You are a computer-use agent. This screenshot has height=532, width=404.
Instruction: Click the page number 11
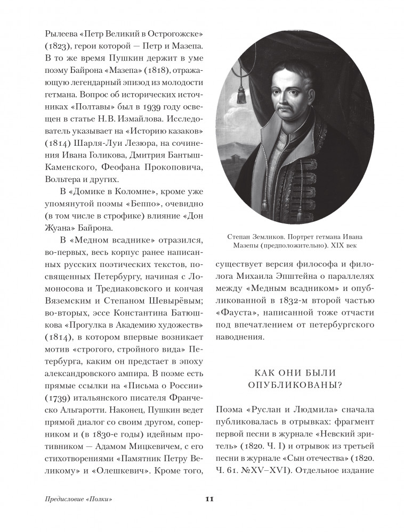tap(209, 498)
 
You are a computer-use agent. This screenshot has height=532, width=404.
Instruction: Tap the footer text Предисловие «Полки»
tap(79, 499)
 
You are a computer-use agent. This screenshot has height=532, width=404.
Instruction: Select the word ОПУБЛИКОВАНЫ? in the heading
tap(294, 386)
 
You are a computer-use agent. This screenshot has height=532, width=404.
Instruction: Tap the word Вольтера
tap(63, 179)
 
